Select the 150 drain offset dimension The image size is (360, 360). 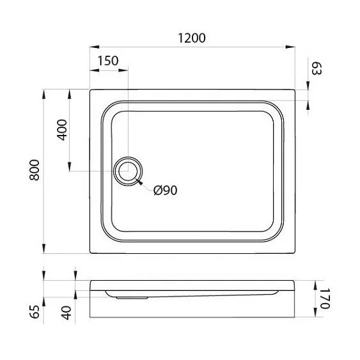108,61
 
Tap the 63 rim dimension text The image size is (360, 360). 315,68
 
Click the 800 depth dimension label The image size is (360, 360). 36,170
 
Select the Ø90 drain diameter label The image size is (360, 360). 165,191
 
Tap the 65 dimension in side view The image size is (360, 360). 36,311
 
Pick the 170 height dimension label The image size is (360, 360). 324,299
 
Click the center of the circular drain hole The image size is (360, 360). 129,171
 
